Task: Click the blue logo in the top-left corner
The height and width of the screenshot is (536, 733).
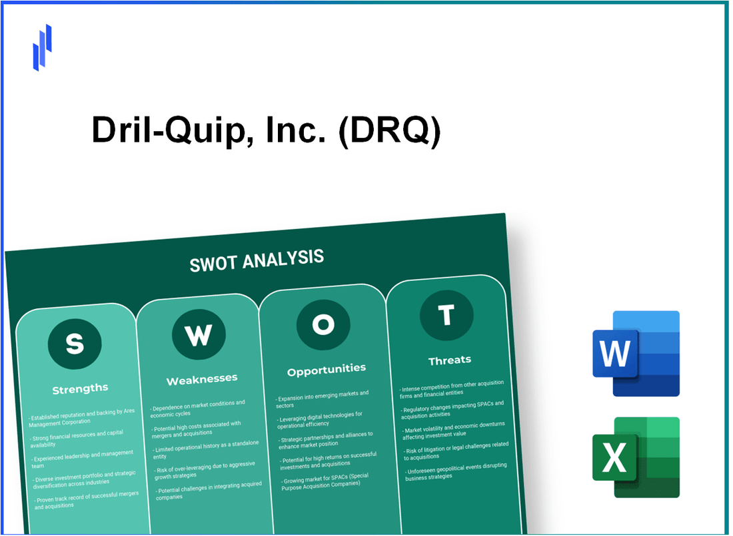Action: click(x=42, y=47)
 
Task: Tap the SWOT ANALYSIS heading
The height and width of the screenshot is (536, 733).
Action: click(x=257, y=260)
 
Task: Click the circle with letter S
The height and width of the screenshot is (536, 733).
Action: click(x=75, y=344)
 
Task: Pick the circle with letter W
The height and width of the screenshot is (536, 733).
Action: click(x=198, y=336)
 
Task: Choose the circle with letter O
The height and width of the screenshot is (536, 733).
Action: click(x=323, y=324)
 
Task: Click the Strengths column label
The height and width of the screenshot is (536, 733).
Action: click(x=80, y=389)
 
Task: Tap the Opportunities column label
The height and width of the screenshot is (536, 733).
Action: click(x=326, y=369)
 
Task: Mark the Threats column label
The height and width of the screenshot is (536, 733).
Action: click(x=449, y=360)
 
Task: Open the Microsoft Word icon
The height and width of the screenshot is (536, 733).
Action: click(x=636, y=354)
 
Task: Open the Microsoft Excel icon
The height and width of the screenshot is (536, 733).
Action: click(x=636, y=457)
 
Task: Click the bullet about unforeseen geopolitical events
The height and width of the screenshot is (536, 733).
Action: click(x=454, y=469)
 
